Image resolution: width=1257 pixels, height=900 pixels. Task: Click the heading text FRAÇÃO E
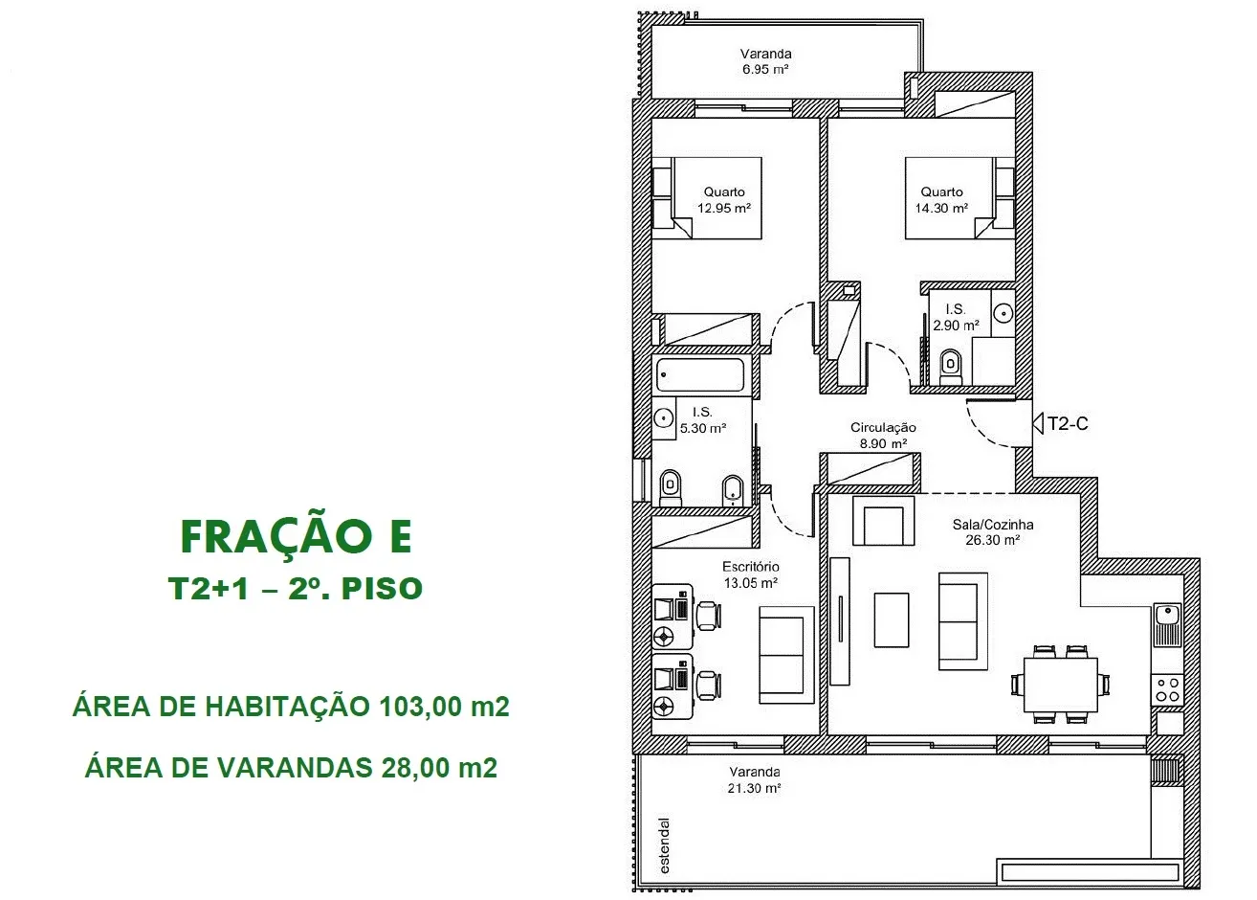[x=297, y=537]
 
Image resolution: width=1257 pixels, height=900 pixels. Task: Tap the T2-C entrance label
[x=1068, y=423]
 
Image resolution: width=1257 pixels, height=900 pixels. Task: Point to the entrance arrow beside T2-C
[x=1038, y=423]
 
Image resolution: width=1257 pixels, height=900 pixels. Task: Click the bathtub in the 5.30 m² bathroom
[x=700, y=374]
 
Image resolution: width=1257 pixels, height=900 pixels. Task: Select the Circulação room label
[x=883, y=428]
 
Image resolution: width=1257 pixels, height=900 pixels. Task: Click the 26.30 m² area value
[x=993, y=540]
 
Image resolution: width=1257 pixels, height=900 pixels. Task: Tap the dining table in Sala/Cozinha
[x=1061, y=685]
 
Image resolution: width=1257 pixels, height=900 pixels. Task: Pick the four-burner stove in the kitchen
[x=1168, y=690]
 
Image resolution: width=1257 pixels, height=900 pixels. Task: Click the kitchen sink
[x=1168, y=624]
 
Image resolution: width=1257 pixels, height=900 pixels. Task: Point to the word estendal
[x=665, y=846]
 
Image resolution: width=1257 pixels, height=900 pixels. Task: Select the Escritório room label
[x=751, y=566]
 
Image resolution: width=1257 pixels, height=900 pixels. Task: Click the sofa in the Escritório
[x=786, y=655]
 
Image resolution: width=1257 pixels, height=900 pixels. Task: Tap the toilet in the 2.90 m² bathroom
[x=950, y=368]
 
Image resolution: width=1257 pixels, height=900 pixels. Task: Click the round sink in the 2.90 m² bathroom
[x=1003, y=313]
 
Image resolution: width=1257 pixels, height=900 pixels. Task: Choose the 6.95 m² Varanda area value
[x=765, y=70]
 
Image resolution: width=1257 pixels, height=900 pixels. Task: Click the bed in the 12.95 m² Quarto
[x=707, y=198]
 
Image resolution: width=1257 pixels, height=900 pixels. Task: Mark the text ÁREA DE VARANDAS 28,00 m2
[x=291, y=768]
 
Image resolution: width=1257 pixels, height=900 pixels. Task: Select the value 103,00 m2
[x=444, y=707]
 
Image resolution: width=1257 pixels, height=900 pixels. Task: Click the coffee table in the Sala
[x=892, y=620]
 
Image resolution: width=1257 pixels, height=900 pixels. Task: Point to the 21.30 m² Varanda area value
[x=754, y=788]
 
